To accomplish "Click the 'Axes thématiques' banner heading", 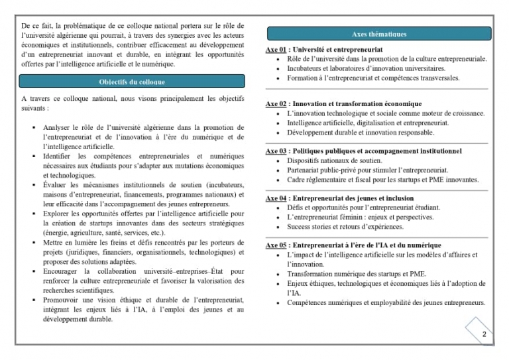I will coord(379,34).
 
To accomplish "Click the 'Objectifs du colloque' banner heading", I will coord(132,82).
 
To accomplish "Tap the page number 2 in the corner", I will coord(484,334).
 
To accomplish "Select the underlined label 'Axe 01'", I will coord(276,50).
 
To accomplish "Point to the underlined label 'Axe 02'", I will coord(276,104).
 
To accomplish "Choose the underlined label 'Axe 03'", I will coord(276,151).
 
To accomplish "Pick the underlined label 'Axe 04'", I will coord(276,198).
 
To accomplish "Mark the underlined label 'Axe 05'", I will coord(276,245).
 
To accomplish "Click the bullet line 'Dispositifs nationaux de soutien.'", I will coord(334,160).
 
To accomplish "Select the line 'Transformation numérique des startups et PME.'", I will coord(357,274).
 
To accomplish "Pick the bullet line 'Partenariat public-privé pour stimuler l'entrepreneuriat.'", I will coord(368,170).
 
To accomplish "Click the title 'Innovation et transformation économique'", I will coord(357,104).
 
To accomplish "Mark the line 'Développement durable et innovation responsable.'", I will coord(361,132).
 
